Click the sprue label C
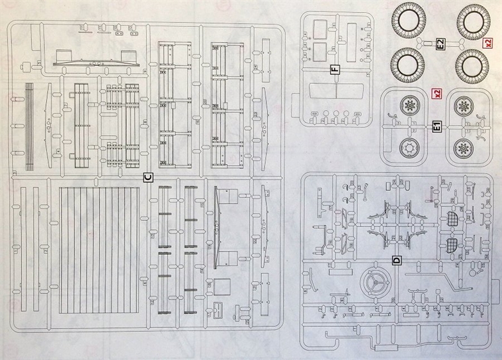point(148,177)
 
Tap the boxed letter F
point(334,69)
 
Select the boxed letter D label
point(396,260)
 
